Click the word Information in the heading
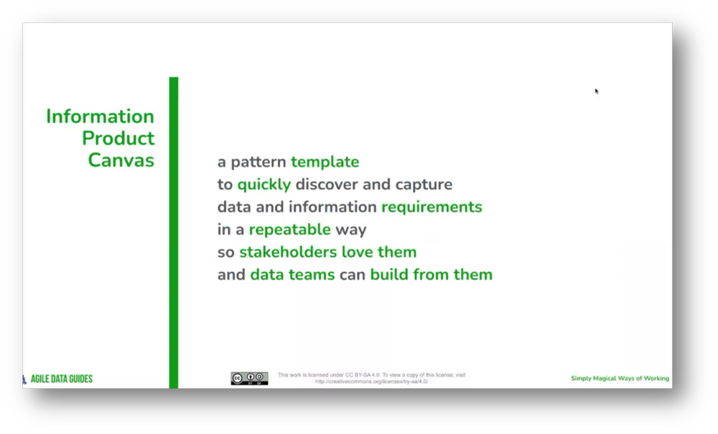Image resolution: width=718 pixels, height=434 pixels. pos(100,116)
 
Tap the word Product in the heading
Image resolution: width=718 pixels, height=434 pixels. pos(118,138)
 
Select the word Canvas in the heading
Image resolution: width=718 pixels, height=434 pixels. pos(121,160)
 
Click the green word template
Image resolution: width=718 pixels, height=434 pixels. pos(325,162)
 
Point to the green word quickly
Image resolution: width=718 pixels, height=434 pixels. pos(264,185)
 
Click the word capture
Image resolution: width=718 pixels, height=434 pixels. pos(424,185)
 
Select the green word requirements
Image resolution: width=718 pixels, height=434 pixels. pos(432,207)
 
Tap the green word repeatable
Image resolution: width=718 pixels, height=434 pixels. pos(290,230)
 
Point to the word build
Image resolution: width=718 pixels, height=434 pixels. pos(388,274)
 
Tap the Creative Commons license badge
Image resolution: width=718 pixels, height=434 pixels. pos(249,379)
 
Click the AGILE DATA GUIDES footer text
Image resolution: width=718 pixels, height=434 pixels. pos(61,379)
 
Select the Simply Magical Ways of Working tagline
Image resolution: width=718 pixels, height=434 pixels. pos(620,379)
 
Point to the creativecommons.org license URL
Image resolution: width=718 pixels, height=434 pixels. pos(372,382)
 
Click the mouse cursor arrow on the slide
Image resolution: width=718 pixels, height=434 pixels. pos(597,91)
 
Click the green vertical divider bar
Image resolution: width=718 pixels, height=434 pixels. pos(174,230)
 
